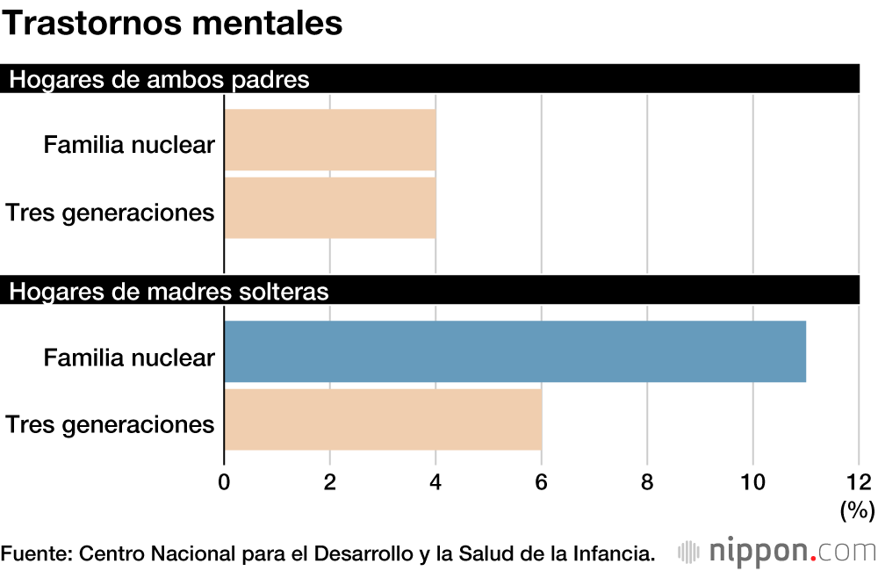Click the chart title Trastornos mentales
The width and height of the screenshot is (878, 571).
(x=172, y=25)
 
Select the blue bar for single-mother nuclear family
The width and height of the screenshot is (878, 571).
(x=515, y=351)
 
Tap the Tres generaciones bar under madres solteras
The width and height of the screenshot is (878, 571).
(x=383, y=420)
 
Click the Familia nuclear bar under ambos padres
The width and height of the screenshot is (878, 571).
(x=330, y=140)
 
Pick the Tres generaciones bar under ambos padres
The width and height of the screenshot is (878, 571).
(x=330, y=208)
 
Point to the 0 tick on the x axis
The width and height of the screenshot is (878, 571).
(x=224, y=481)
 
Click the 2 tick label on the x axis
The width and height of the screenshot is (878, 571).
(x=330, y=481)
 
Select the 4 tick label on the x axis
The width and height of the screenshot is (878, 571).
(x=435, y=481)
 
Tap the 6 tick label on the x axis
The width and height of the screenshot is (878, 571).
(x=542, y=481)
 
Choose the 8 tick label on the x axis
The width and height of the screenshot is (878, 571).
(x=647, y=481)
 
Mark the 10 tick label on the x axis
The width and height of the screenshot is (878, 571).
(x=752, y=481)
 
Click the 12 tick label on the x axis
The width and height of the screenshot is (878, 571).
(x=858, y=481)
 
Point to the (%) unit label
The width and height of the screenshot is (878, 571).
(x=857, y=510)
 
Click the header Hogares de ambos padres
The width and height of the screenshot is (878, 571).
(x=159, y=80)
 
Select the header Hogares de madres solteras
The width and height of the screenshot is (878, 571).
(x=169, y=292)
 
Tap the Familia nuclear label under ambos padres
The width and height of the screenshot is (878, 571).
(x=129, y=144)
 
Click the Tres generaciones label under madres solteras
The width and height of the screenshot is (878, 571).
(x=110, y=425)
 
